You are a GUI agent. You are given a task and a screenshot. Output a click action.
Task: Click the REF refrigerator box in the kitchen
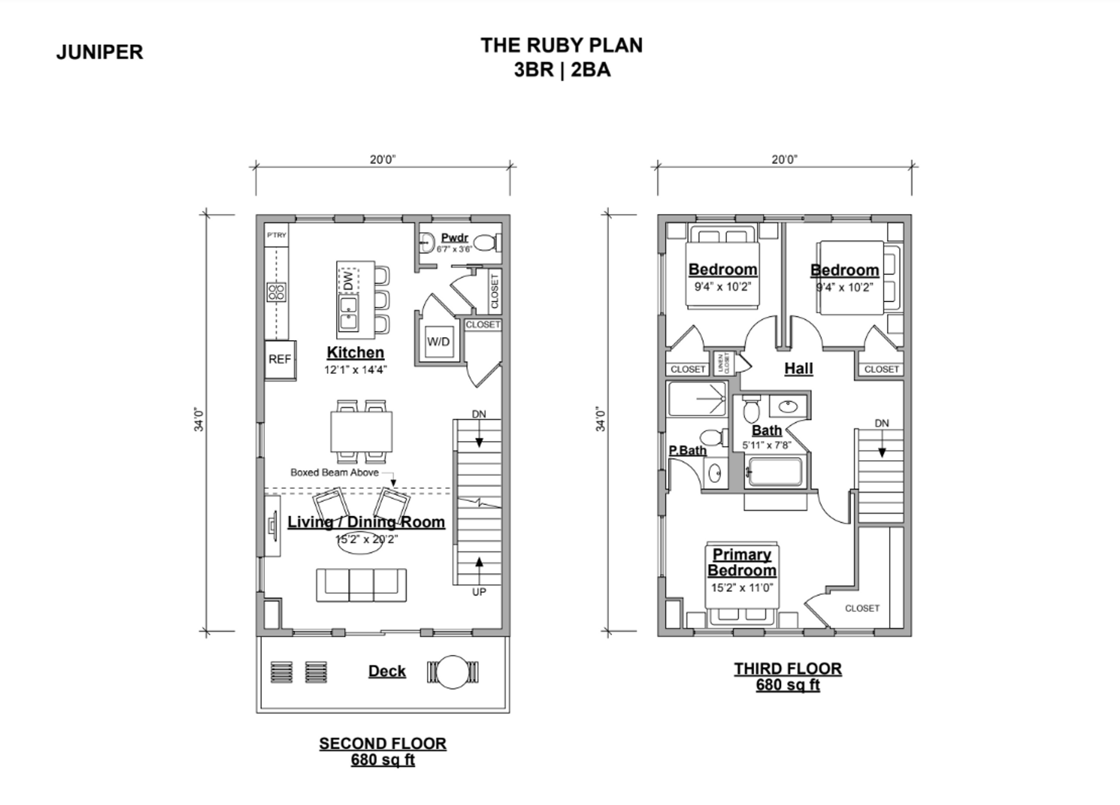coord(280,359)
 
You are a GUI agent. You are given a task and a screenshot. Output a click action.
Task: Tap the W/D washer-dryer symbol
coord(438,341)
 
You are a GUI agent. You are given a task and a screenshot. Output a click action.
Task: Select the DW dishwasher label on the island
coord(348,281)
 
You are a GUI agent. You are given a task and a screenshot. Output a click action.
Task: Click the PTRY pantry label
coord(276,235)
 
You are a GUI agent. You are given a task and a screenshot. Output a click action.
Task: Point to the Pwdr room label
coord(454,238)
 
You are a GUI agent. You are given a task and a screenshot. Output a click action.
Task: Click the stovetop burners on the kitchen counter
coord(276,292)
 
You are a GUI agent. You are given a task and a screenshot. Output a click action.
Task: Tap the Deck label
coord(387,671)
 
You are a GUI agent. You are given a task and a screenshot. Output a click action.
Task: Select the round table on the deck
coord(453,672)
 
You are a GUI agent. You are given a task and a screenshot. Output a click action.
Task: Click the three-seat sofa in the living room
coord(361,584)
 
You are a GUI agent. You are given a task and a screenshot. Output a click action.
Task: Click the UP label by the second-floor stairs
coord(479,592)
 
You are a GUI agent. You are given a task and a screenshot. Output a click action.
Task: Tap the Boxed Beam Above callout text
coord(334,473)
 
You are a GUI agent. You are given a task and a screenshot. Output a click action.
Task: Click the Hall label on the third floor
coord(798,369)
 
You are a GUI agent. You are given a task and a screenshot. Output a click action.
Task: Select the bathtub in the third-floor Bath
coord(775,472)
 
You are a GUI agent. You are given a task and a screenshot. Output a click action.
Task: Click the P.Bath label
coord(687,450)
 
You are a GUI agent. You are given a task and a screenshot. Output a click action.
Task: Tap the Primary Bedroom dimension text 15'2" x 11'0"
coord(741,587)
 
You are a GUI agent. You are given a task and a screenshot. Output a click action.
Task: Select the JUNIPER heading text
coord(99,52)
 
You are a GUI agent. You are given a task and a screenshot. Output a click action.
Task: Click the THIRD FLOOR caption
coord(787,668)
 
